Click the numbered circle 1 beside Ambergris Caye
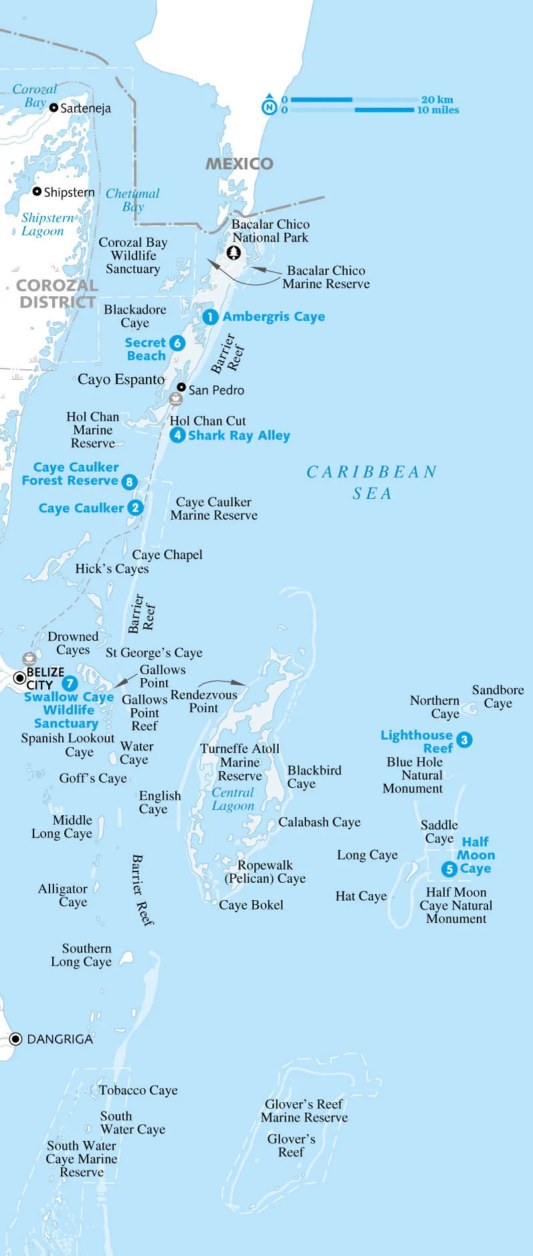click(x=210, y=316)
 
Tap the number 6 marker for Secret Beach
click(x=177, y=343)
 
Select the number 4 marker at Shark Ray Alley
click(x=177, y=435)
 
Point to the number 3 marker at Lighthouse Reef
click(x=464, y=740)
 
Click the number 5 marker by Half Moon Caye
click(x=449, y=869)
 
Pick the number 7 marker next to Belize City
click(x=70, y=684)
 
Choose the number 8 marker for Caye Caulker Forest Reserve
click(x=129, y=482)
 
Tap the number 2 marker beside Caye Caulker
click(x=135, y=508)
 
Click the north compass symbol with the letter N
click(x=269, y=106)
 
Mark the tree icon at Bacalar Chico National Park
click(x=233, y=253)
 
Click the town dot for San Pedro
click(x=181, y=387)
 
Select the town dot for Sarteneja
click(x=54, y=107)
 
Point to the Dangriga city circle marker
click(x=16, y=1039)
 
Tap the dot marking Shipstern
click(x=37, y=191)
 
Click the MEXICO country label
click(x=239, y=164)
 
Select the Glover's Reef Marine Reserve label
click(x=304, y=1110)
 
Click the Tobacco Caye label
click(x=138, y=1090)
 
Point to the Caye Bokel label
click(x=251, y=905)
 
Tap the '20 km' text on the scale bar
click(x=437, y=100)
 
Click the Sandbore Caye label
click(x=498, y=696)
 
